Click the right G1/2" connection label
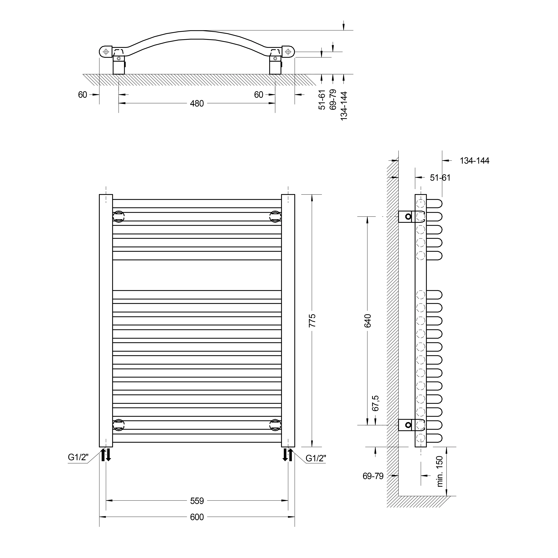tap(316, 458)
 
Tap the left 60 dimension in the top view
tap(83, 95)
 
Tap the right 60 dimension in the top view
tap(258, 95)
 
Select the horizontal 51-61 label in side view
tap(440, 178)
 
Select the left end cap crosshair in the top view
tap(106, 52)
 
